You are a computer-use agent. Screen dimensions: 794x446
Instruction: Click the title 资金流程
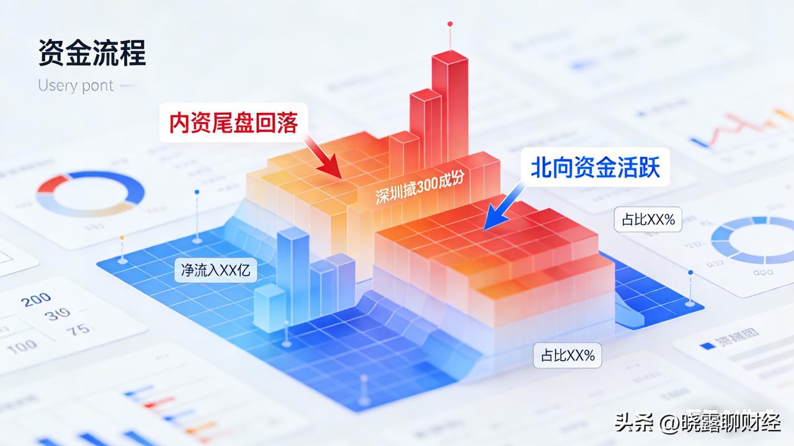(92, 53)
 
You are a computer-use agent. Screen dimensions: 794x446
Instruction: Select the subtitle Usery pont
(76, 86)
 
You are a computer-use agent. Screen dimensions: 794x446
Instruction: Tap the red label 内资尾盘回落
(233, 123)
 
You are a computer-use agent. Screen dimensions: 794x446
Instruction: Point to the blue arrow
(500, 212)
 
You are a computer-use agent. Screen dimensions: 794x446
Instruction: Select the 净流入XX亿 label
(215, 271)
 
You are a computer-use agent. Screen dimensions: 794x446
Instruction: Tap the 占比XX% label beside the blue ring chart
(643, 219)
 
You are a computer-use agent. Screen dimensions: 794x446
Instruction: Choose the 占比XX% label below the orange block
(568, 355)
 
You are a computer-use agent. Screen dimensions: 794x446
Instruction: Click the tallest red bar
(450, 105)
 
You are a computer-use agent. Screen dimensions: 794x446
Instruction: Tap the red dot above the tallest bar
(450, 24)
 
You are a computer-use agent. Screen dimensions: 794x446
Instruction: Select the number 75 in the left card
(78, 329)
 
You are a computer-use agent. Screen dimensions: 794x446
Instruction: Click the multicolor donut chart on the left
(90, 194)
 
